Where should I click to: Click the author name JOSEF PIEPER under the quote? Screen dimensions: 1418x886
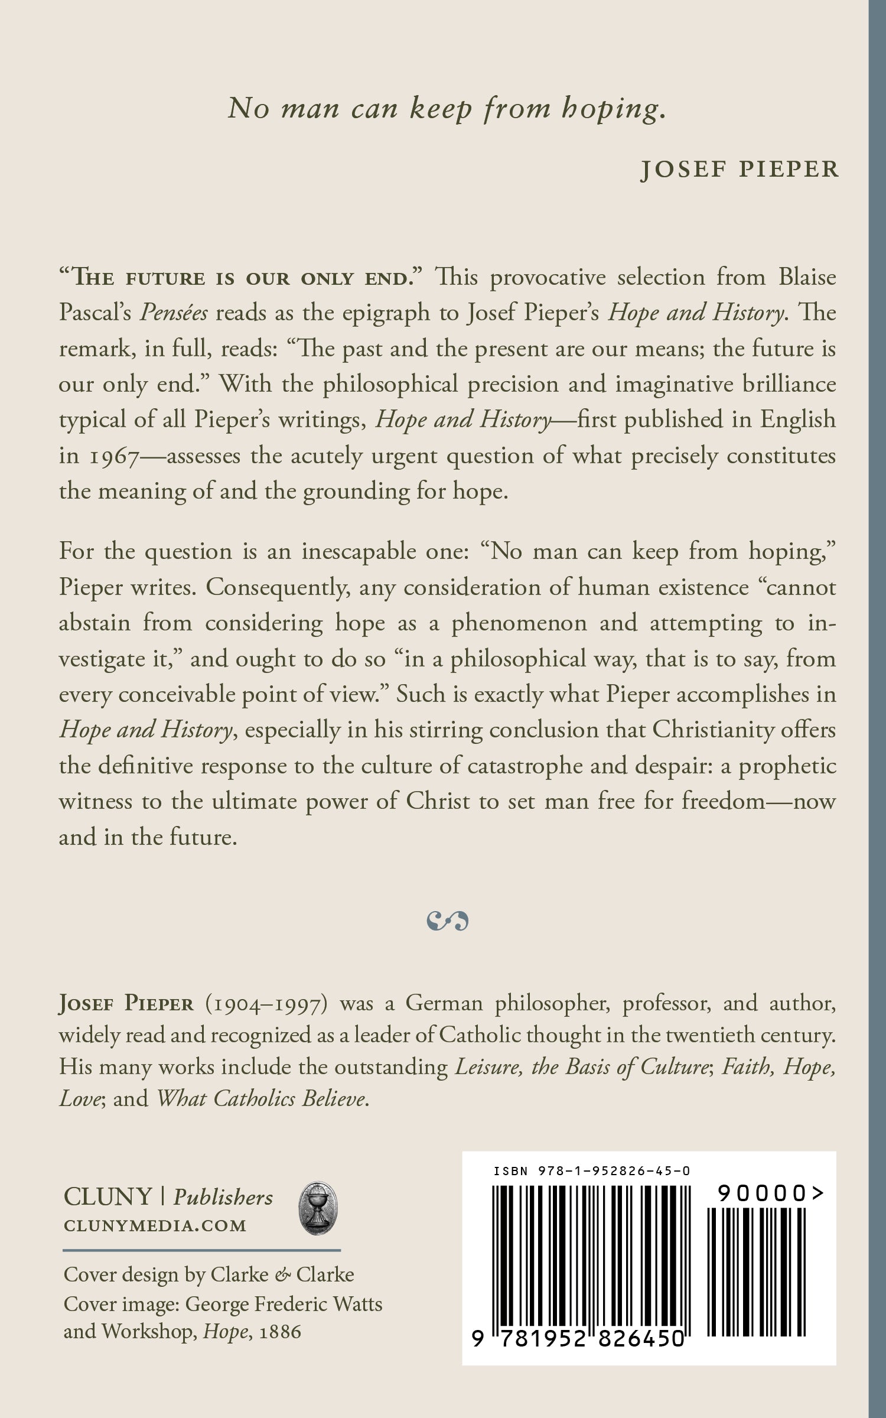pos(740,170)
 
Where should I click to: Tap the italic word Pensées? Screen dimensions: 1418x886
pos(173,313)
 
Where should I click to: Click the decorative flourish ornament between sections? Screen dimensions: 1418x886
pos(447,921)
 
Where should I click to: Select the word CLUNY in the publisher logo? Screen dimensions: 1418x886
pos(108,1197)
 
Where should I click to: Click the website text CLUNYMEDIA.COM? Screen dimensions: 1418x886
pos(155,1225)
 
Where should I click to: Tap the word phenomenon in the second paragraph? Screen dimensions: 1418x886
pos(519,623)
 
